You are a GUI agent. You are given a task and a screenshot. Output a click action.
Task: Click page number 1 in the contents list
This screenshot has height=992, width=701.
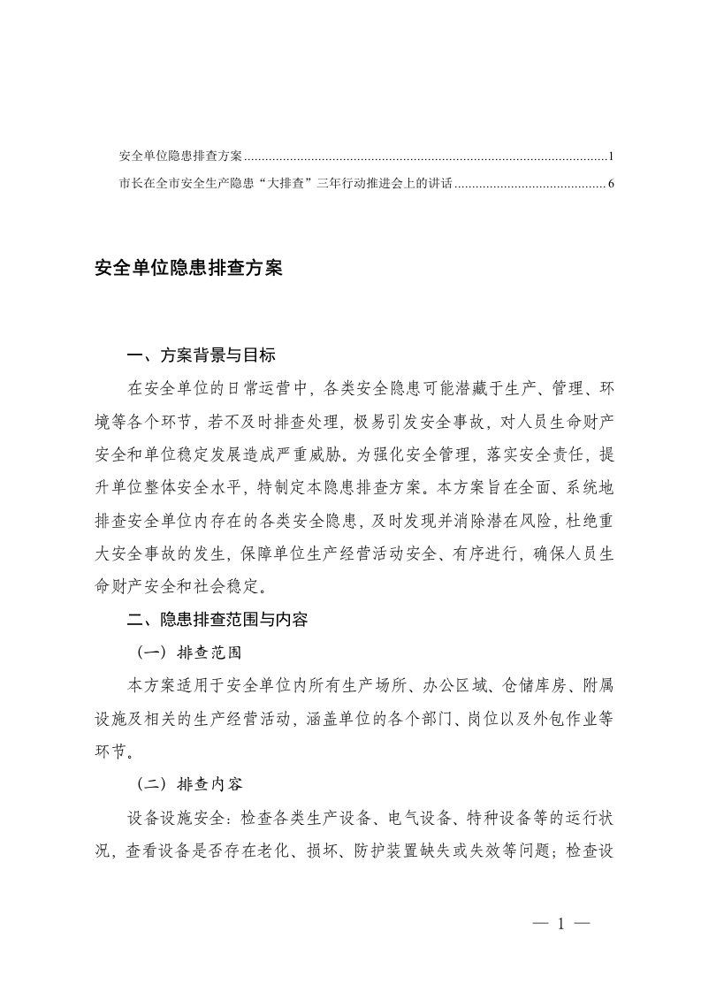[611, 157]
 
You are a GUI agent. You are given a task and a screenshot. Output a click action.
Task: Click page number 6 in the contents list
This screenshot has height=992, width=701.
[611, 185]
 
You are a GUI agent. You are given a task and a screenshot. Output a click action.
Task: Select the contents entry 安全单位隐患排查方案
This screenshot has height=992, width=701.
[180, 157]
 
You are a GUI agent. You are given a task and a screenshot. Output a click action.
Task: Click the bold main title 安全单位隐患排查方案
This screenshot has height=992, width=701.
[188, 268]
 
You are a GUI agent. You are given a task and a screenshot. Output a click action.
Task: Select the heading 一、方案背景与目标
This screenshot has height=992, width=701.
[202, 356]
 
